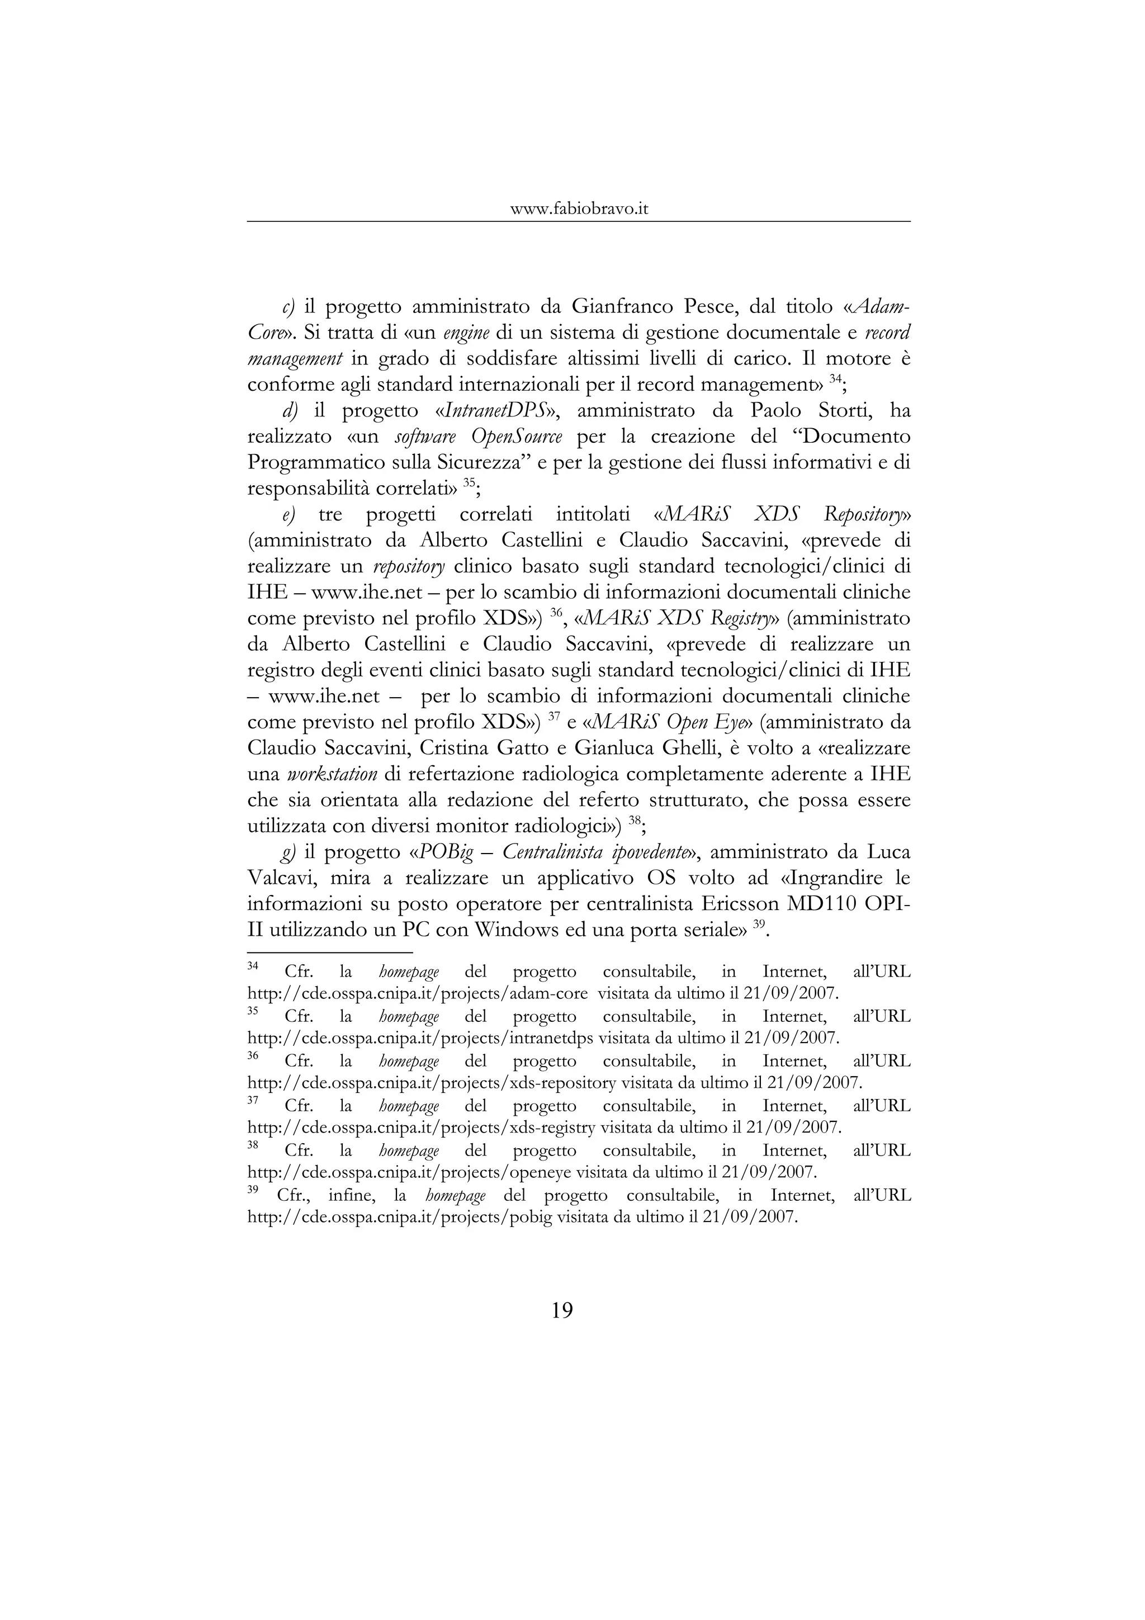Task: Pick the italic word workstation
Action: tap(332, 775)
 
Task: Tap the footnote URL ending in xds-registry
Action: tap(421, 1127)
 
